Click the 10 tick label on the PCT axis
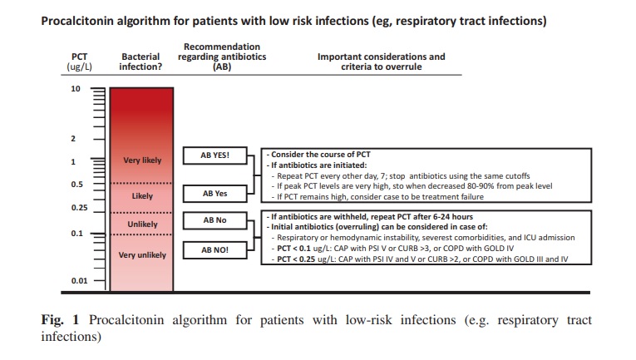[x=76, y=88]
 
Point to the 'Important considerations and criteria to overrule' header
[x=381, y=62]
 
